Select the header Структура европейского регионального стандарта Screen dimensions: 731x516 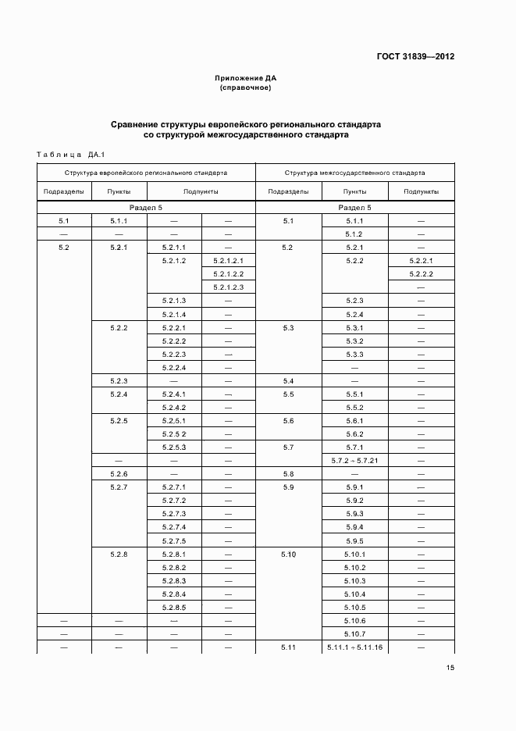point(146,173)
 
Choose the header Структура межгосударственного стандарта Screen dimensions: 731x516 point(354,173)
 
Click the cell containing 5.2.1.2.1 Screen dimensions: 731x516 point(228,261)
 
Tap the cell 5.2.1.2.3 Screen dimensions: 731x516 point(228,287)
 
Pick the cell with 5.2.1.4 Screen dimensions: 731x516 point(173,314)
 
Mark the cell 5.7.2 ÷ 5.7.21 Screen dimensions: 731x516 point(354,460)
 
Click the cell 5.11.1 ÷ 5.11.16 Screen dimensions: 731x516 point(354,647)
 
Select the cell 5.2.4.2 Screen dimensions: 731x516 point(173,407)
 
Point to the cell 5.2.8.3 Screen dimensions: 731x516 point(173,581)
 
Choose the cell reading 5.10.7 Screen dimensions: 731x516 point(354,634)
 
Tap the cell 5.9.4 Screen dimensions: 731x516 point(354,527)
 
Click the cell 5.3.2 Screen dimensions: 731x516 point(354,341)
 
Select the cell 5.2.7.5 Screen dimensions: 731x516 point(173,540)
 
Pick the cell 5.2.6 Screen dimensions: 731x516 point(119,474)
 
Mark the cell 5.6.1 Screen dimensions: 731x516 point(354,420)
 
